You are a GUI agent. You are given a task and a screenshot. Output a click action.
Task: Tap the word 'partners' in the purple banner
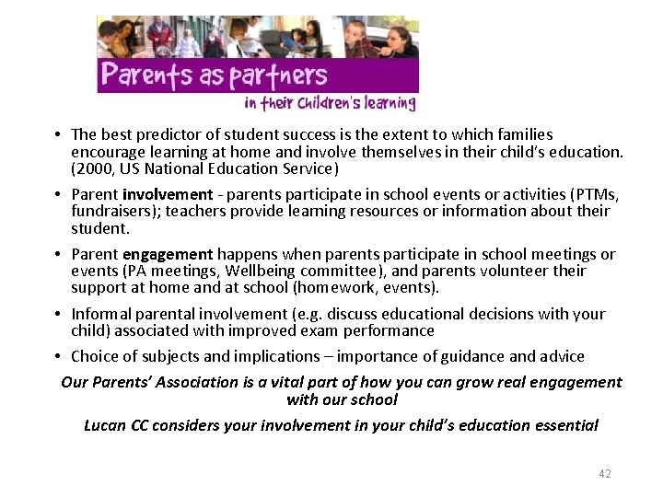click(x=277, y=75)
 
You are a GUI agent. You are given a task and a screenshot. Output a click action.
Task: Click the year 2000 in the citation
click(x=94, y=168)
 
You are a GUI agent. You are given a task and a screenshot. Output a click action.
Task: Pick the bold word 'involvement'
click(x=168, y=194)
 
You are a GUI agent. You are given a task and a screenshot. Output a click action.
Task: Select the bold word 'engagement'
click(x=169, y=254)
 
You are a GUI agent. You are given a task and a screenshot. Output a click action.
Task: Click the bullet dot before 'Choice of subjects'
click(x=57, y=356)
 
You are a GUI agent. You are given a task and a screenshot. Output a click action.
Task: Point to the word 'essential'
click(x=565, y=425)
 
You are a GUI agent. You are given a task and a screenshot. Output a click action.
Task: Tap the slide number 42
click(x=604, y=473)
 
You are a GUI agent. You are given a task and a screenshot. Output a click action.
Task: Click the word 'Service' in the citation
click(x=307, y=168)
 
